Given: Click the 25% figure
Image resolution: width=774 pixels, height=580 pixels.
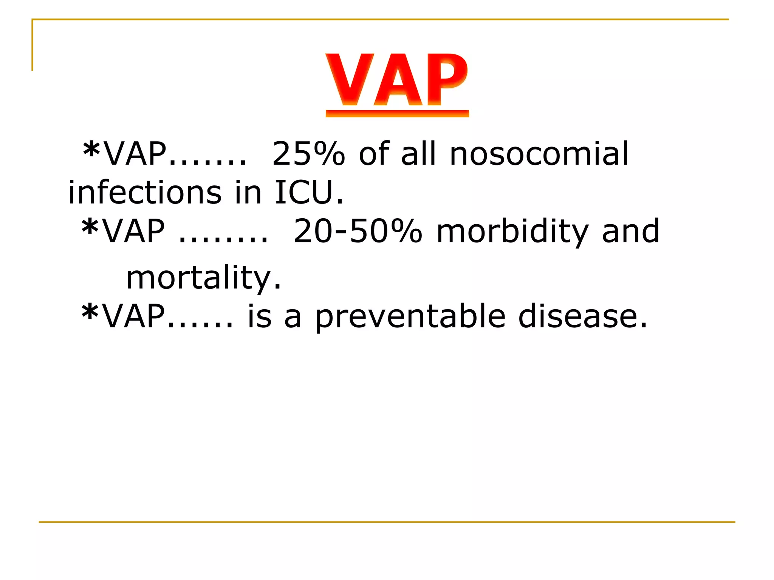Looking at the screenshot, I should point(308,154).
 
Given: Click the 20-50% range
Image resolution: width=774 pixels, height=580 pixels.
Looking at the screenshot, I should point(358,231).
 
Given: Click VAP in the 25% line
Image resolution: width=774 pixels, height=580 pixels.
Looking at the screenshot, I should point(135,154).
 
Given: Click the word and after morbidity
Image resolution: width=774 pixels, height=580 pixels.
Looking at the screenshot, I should point(631,231).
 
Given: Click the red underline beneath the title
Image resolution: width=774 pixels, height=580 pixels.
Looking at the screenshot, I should point(397,114).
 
